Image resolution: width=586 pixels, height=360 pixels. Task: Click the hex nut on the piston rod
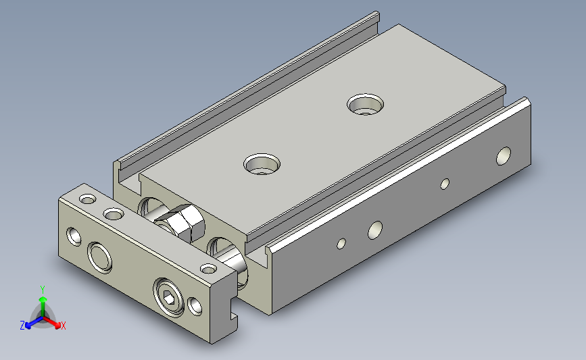181,224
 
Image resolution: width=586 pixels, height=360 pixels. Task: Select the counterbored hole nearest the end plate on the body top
262,164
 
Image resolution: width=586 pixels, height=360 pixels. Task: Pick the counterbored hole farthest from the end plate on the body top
365,104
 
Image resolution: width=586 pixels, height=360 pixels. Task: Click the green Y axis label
43,290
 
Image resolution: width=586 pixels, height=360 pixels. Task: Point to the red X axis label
63,326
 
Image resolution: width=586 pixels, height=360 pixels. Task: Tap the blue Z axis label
22,326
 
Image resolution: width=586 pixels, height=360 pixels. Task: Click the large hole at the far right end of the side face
504,156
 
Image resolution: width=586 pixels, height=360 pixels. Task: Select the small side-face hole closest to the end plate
341,244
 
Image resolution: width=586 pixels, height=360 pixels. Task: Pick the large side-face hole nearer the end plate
375,230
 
